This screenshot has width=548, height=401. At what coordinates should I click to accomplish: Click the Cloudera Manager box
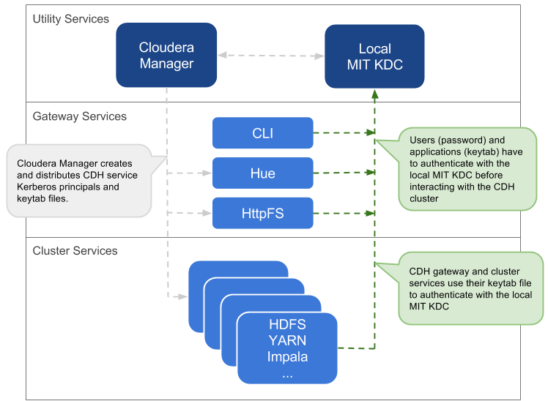click(x=166, y=55)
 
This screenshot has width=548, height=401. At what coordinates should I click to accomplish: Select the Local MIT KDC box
click(x=374, y=57)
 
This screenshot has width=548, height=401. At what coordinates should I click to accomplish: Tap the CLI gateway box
click(x=262, y=133)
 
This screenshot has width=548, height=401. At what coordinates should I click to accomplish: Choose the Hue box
click(x=262, y=173)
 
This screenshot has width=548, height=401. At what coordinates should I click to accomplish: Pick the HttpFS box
click(x=262, y=214)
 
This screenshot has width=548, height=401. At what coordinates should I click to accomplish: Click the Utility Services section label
click(x=71, y=19)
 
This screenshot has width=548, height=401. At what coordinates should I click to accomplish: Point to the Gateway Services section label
click(x=80, y=116)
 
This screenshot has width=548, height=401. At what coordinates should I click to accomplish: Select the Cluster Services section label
click(x=75, y=251)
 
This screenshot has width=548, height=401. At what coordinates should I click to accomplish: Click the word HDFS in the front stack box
click(x=287, y=324)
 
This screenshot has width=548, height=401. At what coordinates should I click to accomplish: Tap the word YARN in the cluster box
click(x=287, y=340)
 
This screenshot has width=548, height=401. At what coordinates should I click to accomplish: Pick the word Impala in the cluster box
click(x=287, y=357)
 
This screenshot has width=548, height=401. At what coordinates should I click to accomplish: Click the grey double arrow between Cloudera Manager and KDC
click(x=271, y=55)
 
